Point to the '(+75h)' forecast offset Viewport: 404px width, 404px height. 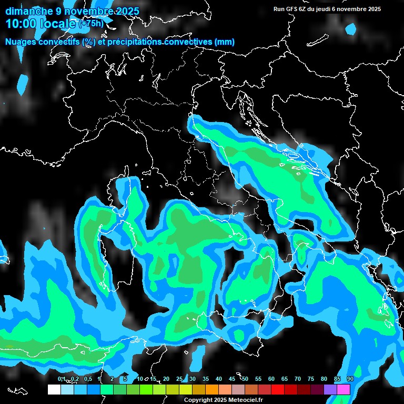click(91, 24)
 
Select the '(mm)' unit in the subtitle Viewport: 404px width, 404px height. click(224, 42)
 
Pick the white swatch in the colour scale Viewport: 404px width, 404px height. click(54, 390)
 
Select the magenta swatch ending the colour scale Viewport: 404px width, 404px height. click(344, 390)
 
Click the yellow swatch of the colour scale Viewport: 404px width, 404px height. click(186, 390)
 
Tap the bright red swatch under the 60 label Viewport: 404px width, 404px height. click(278, 390)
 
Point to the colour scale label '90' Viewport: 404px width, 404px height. click(350, 379)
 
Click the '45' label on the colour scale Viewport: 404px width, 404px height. click(232, 379)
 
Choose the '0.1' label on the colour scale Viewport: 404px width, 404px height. click(61, 379)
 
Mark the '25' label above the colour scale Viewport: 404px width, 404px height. click(179, 379)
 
